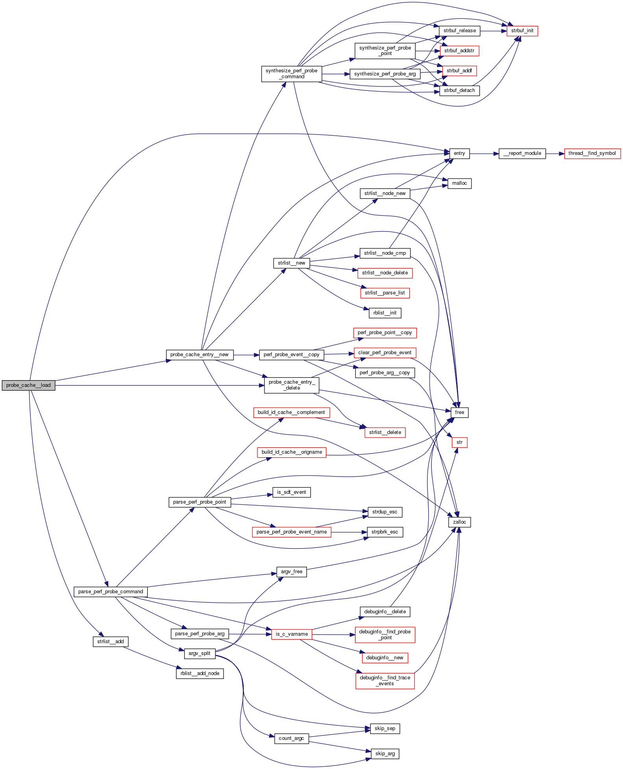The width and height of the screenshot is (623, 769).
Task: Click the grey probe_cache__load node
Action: point(28,385)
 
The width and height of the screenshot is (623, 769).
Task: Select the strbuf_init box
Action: point(522,31)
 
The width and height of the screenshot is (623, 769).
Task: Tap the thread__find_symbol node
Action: point(592,153)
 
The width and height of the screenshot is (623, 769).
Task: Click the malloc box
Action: point(459,183)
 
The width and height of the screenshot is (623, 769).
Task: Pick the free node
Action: point(459,412)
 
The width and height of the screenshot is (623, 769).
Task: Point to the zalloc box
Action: point(459,522)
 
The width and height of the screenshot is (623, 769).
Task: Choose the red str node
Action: point(459,442)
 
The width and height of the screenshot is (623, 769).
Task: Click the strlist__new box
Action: point(291,263)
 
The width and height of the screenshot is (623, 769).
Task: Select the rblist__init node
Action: point(385,313)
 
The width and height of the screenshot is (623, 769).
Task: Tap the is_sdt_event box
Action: point(291,492)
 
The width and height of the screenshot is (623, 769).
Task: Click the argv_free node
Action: point(291,572)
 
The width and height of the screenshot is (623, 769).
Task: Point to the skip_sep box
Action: point(385,729)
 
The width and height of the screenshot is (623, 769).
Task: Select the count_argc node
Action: point(291,738)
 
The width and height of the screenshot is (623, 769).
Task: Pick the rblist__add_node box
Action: point(200,673)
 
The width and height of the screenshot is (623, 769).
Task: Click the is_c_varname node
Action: point(291,634)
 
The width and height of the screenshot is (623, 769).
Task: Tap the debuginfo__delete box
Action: point(385,612)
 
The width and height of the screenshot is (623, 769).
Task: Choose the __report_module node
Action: point(522,153)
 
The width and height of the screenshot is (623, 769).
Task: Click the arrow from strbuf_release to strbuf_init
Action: point(493,31)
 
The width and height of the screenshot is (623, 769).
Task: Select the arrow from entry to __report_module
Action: point(484,153)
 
